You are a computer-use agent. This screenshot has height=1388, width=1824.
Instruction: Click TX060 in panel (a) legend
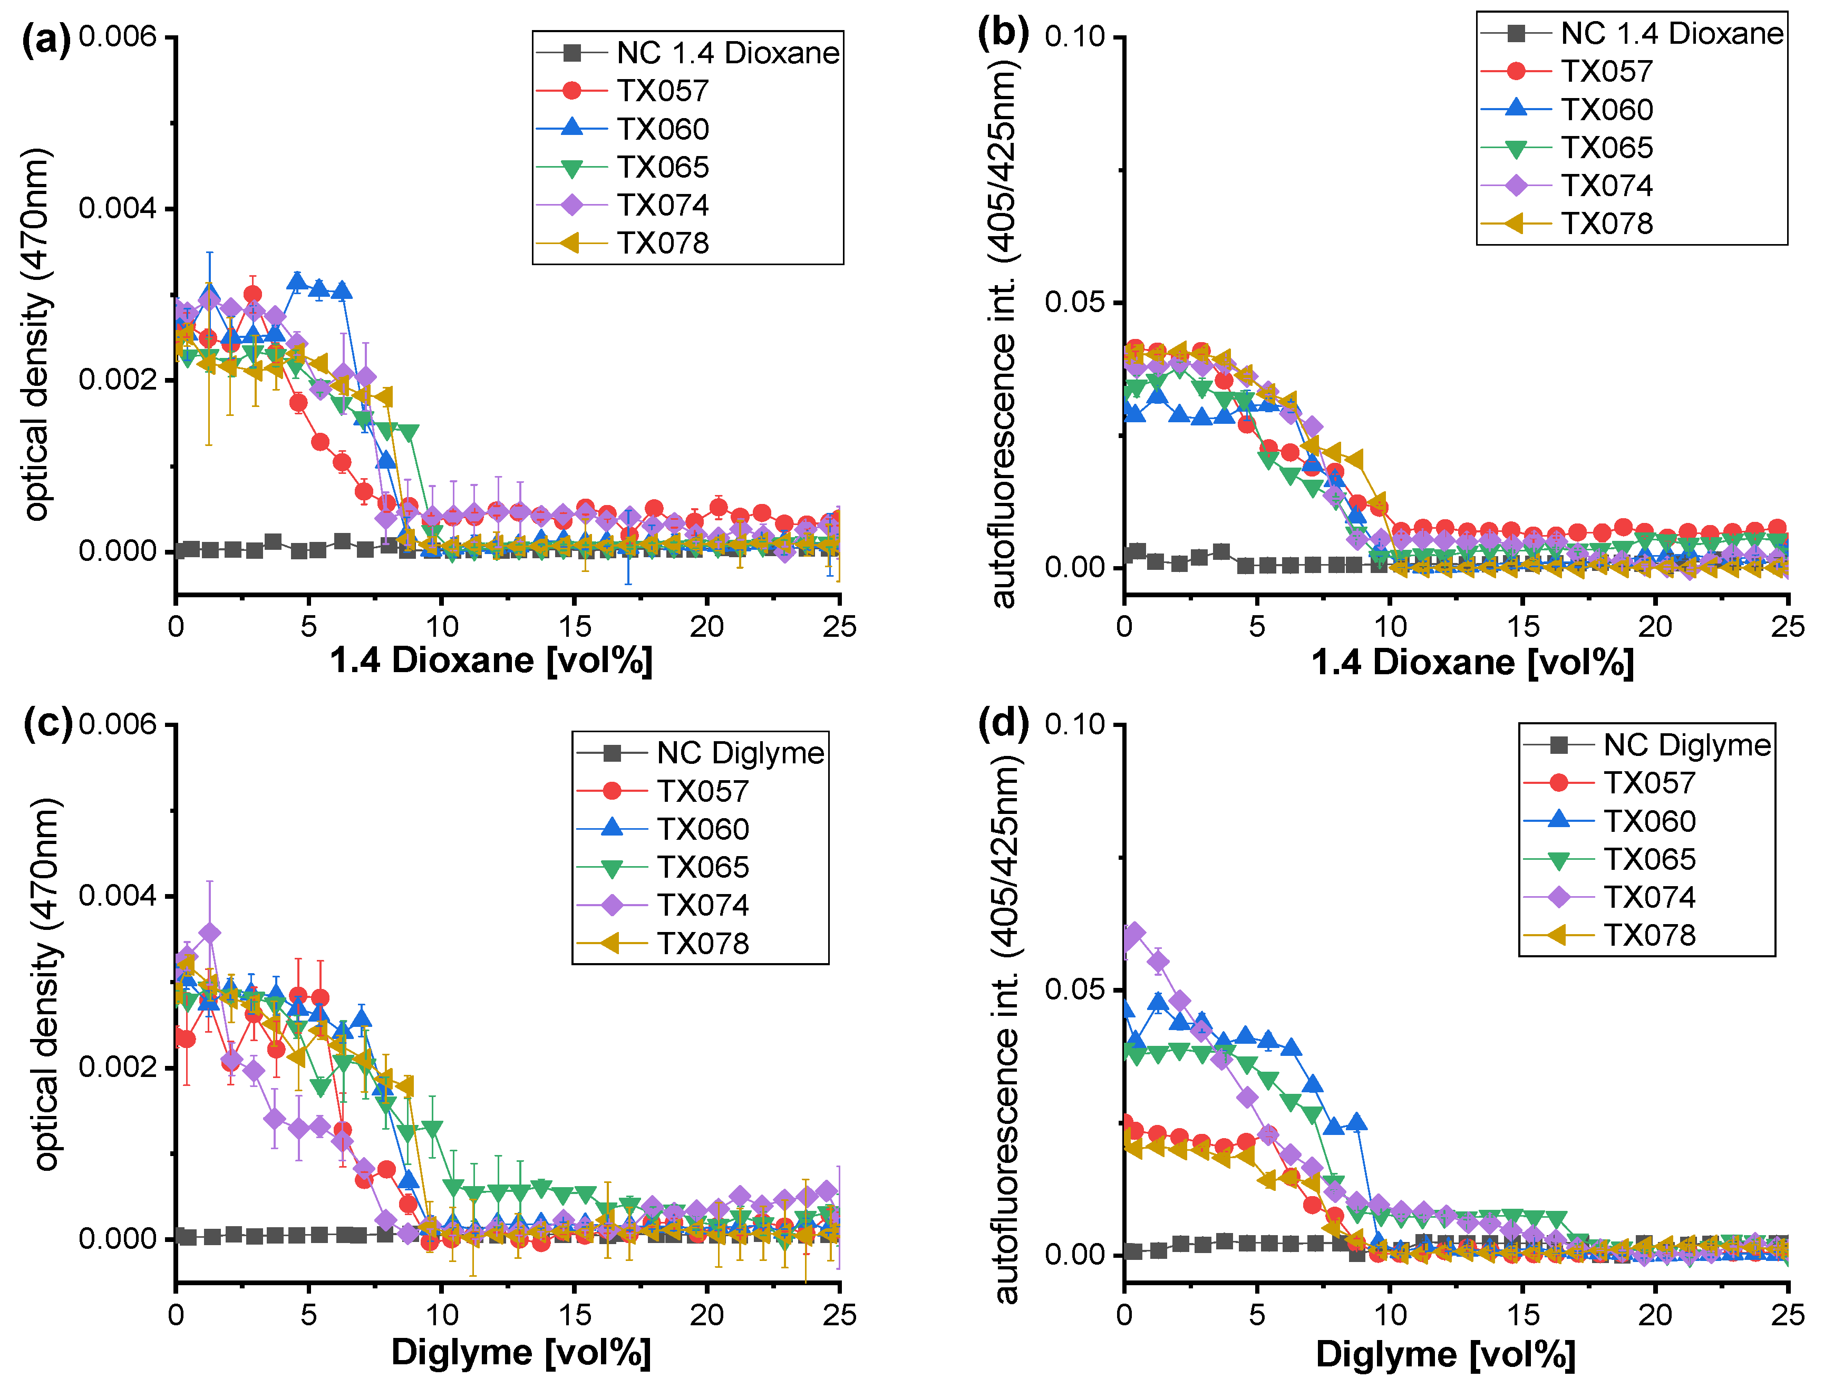663,129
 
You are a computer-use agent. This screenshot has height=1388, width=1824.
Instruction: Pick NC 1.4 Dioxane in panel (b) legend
1672,33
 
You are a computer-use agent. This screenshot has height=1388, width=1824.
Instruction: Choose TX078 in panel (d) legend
1650,935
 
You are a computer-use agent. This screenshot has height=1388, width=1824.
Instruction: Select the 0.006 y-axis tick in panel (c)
118,724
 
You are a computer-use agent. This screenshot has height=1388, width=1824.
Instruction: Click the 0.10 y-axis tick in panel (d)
1075,724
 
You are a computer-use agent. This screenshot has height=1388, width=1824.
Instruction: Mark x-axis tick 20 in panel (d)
1655,1315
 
